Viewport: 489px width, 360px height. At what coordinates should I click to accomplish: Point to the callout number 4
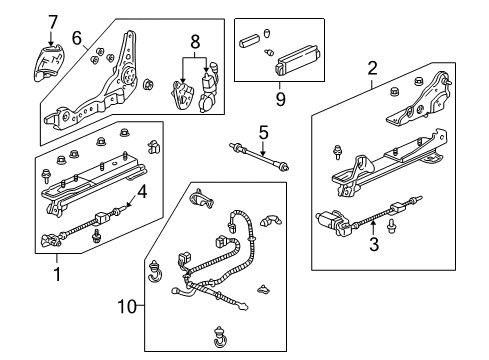pos(144,191)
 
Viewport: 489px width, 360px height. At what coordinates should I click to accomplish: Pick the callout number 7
pos(53,21)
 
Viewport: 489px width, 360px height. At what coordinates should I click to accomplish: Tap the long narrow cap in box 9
pos(250,42)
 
